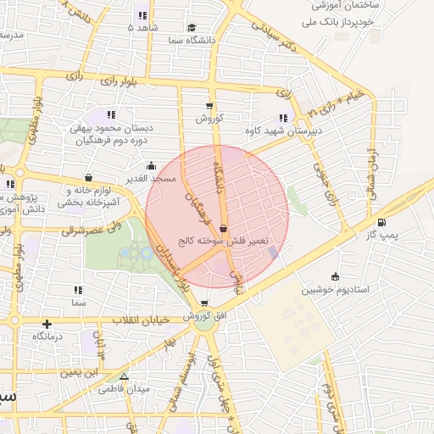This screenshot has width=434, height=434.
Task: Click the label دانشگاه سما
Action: [x=192, y=40]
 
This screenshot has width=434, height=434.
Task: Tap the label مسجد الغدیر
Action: [x=151, y=178]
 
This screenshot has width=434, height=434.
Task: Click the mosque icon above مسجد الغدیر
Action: [x=151, y=166]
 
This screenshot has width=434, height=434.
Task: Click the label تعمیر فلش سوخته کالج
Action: [x=223, y=241]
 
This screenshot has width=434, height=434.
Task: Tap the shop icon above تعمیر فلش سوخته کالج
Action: [x=223, y=228]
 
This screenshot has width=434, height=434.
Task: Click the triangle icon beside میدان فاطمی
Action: [x=124, y=376]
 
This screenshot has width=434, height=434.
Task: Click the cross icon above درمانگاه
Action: [x=47, y=323]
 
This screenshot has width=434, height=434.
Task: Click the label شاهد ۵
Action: [x=142, y=27]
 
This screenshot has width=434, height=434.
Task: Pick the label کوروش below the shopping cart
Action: [x=209, y=118]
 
